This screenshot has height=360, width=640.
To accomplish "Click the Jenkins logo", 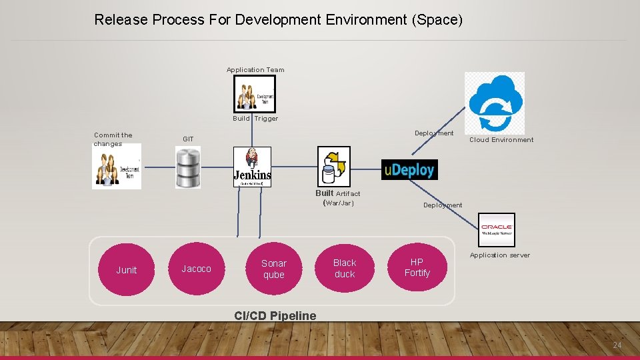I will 253,167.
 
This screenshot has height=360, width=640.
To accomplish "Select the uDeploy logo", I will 409,170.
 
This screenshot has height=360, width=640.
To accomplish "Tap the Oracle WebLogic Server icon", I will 497,230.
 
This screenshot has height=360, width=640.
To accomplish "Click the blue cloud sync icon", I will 495,103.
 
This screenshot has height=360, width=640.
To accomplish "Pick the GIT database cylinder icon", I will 187,167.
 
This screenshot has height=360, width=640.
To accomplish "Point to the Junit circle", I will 126,270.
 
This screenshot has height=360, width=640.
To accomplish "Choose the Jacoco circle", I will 196,269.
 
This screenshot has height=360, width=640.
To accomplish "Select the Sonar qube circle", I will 273,269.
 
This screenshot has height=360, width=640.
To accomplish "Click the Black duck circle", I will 345,269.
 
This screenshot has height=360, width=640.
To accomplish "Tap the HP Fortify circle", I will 417,267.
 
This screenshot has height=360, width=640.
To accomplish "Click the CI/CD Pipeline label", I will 275,316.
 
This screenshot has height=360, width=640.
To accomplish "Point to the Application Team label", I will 255,70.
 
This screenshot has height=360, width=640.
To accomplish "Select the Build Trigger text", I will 255,119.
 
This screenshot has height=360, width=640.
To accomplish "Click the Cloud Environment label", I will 501,140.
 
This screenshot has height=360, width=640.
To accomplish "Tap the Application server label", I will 500,255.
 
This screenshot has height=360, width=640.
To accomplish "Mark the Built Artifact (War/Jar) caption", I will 338,198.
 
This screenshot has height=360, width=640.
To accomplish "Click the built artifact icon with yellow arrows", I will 333,167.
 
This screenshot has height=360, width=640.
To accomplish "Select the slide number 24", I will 617,345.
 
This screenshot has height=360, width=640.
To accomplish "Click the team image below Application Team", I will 254,94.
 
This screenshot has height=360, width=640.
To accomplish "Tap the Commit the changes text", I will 113,139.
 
